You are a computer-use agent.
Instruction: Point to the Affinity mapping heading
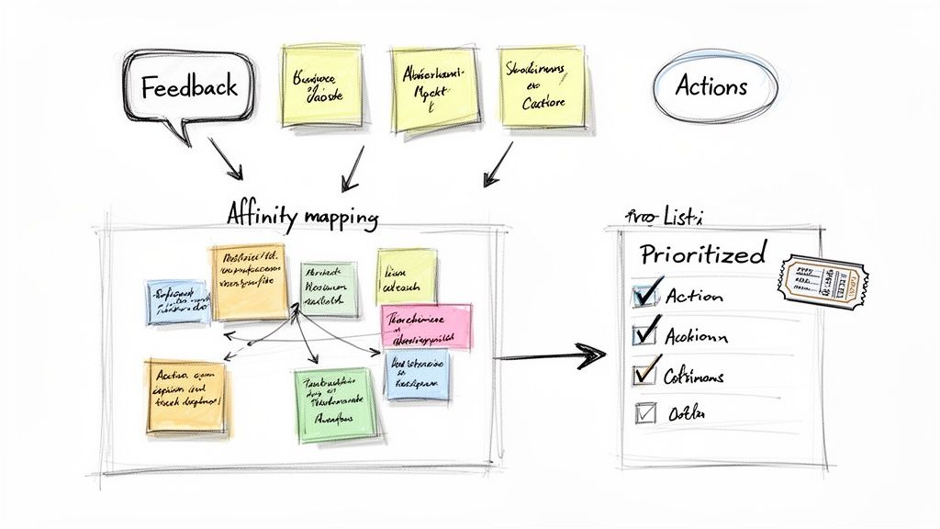[302, 217]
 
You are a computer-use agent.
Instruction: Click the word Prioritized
[703, 253]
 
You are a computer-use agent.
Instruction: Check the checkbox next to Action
[644, 294]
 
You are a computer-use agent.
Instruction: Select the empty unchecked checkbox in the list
[646, 413]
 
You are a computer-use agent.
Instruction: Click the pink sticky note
[426, 326]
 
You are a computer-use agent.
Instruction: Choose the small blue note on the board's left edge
[177, 302]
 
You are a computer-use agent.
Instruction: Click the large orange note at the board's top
[249, 281]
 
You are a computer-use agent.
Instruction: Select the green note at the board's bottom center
[336, 403]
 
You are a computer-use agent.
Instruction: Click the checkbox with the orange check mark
[645, 373]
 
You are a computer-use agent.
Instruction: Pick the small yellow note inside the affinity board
[406, 276]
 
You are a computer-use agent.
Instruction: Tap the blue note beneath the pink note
[417, 375]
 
